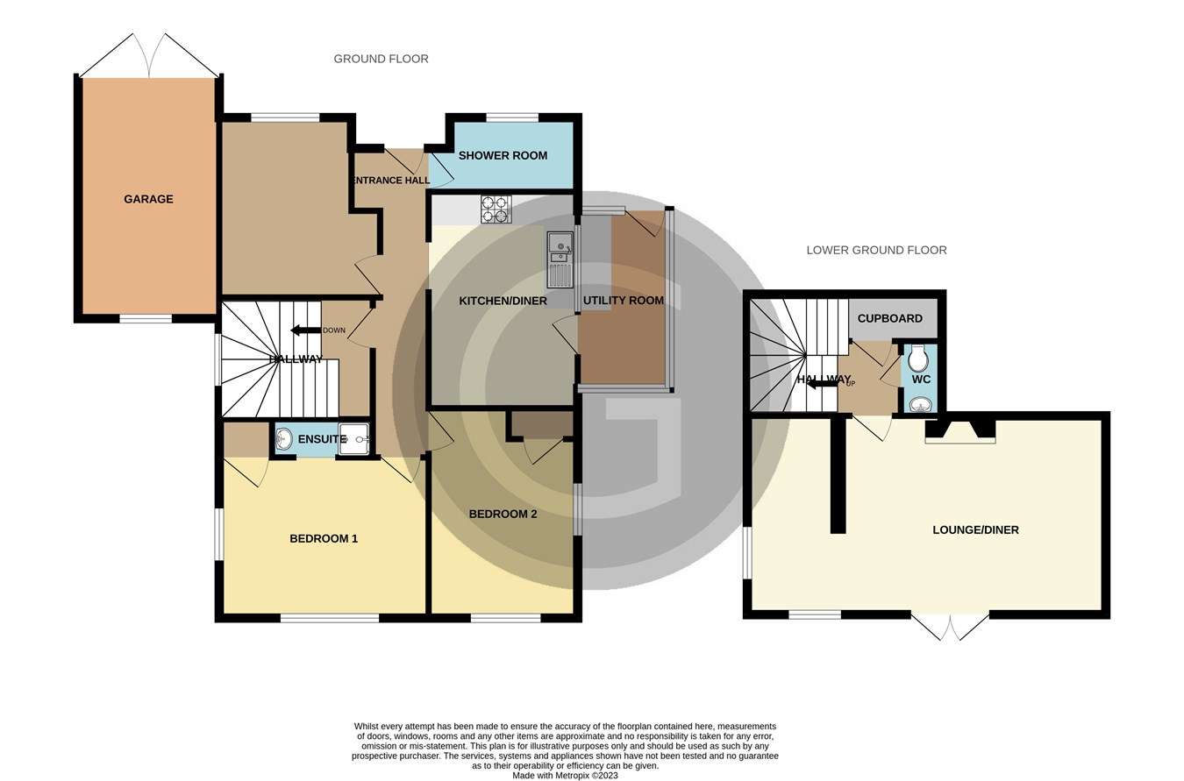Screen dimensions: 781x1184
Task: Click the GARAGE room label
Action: tap(148, 199)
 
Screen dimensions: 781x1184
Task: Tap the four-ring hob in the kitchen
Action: tap(496, 209)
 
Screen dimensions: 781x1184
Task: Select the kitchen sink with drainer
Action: tap(560, 259)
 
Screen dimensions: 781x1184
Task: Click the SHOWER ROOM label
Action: tap(503, 155)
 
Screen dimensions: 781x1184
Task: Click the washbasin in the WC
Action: tap(920, 404)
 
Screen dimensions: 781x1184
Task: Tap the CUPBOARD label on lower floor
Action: tap(889, 318)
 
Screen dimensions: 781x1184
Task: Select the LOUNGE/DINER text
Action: tap(975, 529)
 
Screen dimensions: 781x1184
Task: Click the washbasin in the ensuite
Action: tap(284, 439)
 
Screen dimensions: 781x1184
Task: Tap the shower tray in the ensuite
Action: tap(353, 439)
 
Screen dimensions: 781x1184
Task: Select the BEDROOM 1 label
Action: tap(324, 538)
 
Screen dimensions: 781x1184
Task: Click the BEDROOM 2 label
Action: tap(503, 514)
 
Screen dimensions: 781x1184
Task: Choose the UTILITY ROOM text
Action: tap(623, 300)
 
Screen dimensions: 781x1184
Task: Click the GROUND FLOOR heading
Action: tap(381, 59)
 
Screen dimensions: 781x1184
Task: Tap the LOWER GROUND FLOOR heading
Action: tap(876, 250)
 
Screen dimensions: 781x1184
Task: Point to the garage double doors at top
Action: tap(149, 57)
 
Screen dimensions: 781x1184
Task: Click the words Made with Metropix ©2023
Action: tap(565, 775)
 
